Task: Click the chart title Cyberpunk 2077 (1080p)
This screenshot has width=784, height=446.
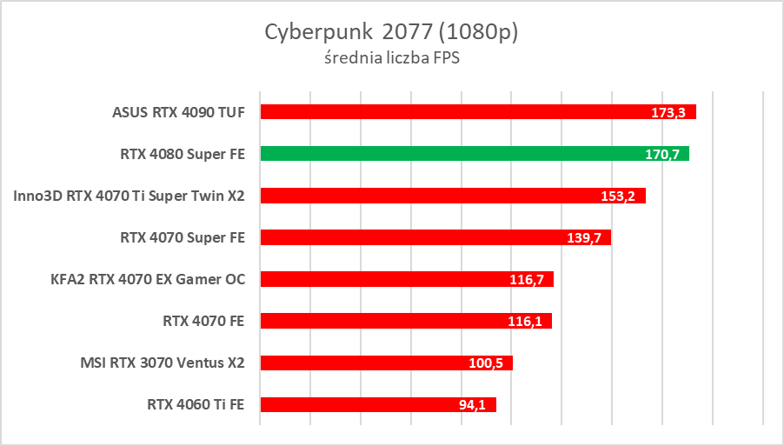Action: [x=391, y=33]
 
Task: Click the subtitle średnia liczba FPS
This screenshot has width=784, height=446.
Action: [x=391, y=59]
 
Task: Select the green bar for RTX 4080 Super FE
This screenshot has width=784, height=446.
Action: [x=475, y=154]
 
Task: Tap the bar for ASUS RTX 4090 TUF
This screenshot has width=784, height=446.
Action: [x=478, y=112]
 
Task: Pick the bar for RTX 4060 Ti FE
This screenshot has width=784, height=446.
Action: [x=378, y=404]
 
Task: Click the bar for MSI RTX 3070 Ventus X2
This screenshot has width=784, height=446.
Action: [x=386, y=363]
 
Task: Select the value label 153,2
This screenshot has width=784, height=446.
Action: [x=618, y=196]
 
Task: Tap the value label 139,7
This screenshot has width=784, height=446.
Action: [x=584, y=237]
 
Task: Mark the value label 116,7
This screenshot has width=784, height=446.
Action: [x=527, y=279]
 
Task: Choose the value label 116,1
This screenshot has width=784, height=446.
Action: [x=525, y=321]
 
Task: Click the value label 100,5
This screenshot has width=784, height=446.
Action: [x=486, y=363]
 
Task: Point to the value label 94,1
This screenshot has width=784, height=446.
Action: [x=473, y=404]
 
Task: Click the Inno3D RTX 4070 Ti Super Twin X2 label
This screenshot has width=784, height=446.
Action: [x=130, y=196]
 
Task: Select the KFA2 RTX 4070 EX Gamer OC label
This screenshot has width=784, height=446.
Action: [x=149, y=279]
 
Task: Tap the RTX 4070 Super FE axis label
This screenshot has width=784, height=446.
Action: [x=183, y=237]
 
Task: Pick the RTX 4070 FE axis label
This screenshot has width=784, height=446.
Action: [x=203, y=321]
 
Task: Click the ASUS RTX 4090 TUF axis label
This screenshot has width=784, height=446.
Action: [x=178, y=112]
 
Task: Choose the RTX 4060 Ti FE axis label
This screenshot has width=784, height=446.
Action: [x=196, y=404]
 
